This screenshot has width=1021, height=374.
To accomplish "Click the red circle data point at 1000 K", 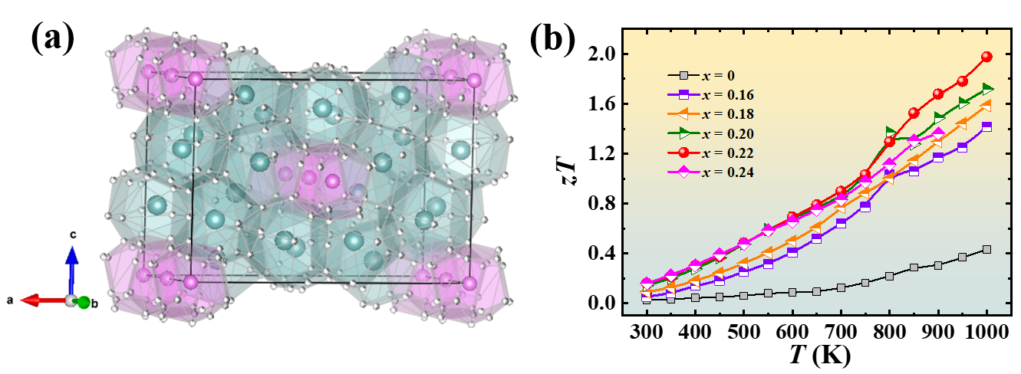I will coord(986,57).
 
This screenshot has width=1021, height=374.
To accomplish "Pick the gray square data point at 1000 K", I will coord(986,249).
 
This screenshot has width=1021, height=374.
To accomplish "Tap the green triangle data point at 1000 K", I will coord(986,89).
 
